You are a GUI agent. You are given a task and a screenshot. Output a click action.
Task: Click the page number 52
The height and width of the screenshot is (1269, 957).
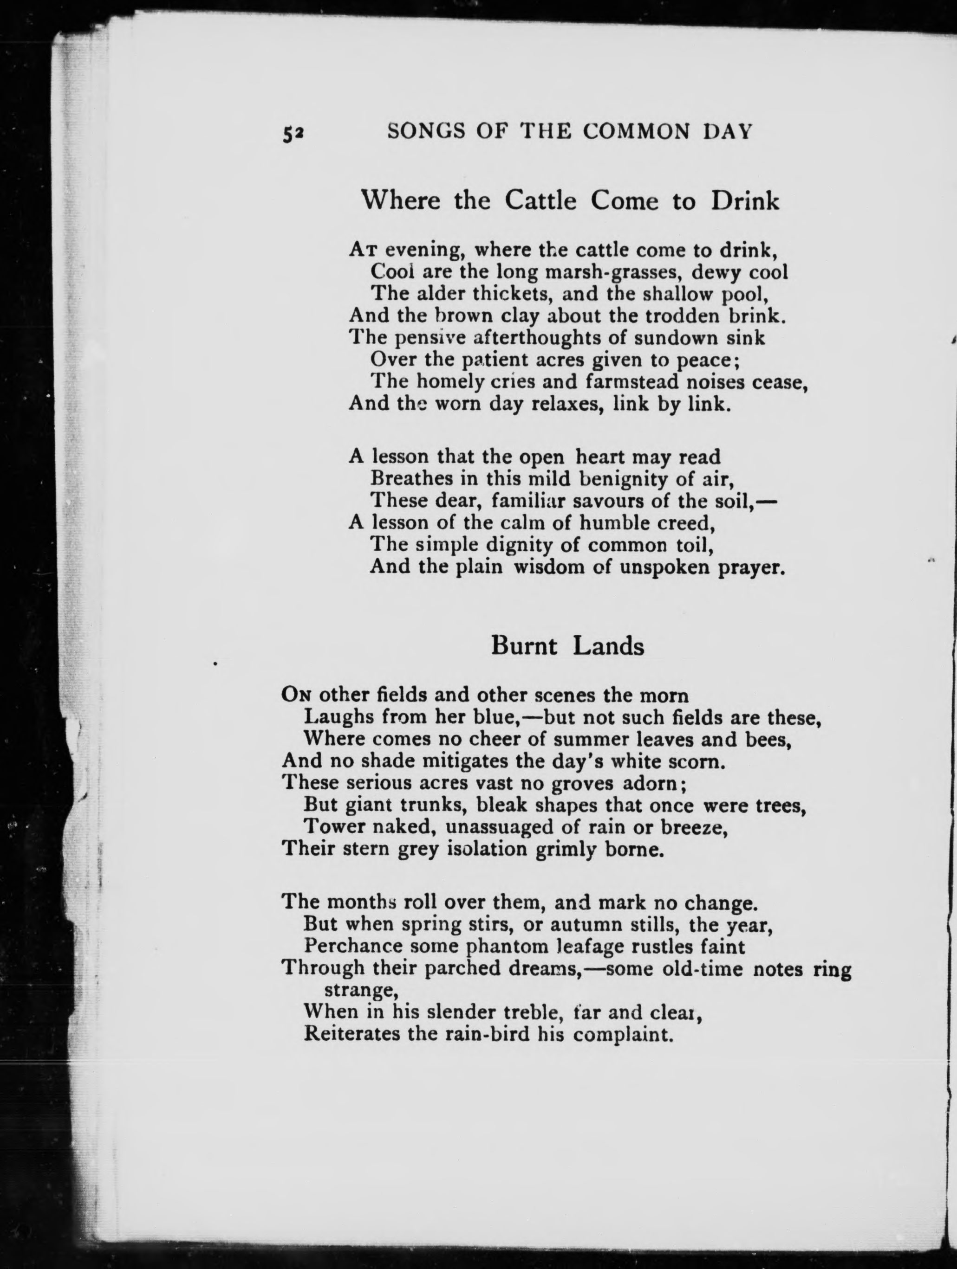[292, 133]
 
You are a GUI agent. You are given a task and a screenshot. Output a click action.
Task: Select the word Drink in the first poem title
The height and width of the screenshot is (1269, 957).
[745, 201]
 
